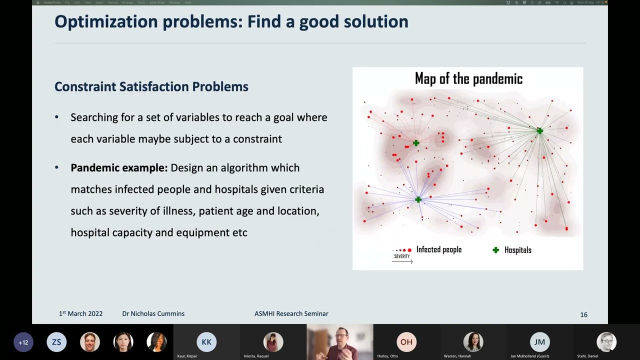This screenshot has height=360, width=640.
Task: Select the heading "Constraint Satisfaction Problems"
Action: pos(151,86)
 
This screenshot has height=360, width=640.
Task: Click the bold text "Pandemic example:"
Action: pos(119,168)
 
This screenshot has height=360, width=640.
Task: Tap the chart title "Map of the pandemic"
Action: pos(468,79)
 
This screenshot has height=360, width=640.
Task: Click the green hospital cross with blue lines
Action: pos(418,200)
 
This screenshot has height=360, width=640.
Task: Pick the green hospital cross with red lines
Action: pos(416,143)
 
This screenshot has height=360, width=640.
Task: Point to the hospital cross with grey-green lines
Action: pos(539,131)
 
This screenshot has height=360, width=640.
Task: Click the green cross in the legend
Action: pos(495,250)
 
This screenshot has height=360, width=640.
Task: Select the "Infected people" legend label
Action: pos(438,250)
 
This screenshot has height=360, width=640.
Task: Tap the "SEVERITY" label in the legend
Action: pos(401,256)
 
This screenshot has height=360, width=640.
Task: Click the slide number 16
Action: pos(583,314)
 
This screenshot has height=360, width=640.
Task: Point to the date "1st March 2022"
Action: pos(80,313)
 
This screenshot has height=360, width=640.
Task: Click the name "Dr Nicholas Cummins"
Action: pos(153,313)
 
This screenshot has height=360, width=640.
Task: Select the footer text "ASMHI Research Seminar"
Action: pos(291,313)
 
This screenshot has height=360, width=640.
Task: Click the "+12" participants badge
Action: pos(23,342)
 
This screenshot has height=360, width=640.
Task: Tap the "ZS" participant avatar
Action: pos(56,342)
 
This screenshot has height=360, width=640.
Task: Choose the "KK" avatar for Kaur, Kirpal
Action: pos(206,342)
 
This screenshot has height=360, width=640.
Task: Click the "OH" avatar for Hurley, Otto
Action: pos(406,342)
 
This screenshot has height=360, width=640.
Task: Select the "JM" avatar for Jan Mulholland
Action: pos(539,342)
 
